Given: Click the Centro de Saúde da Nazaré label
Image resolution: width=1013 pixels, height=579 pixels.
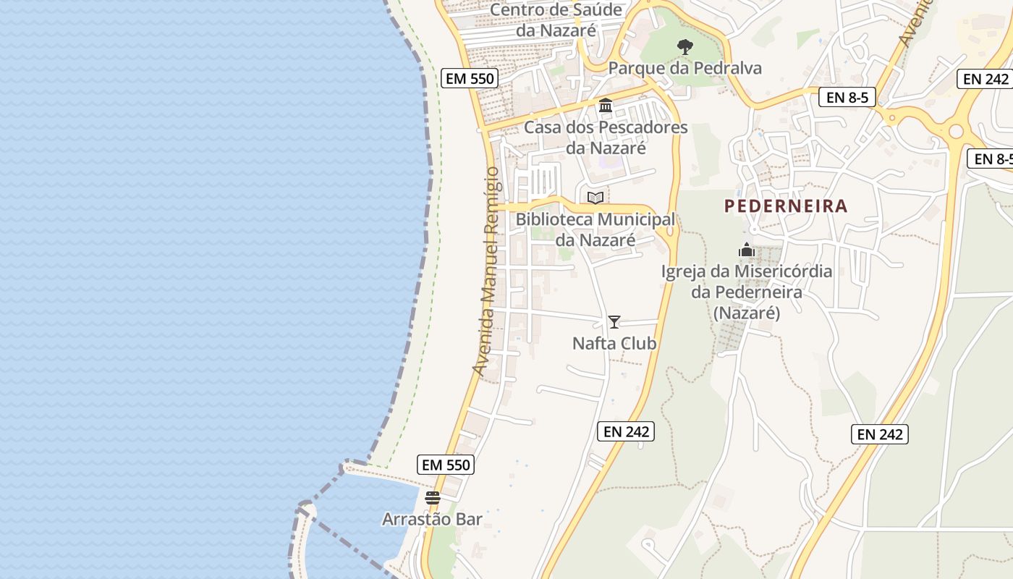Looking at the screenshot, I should click(x=556, y=20).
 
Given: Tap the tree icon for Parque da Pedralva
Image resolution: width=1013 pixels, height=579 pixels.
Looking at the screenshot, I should click(x=684, y=48).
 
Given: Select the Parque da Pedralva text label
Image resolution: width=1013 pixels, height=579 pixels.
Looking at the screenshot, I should click(x=684, y=68).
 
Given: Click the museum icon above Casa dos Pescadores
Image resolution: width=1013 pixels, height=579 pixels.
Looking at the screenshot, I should click(x=606, y=106).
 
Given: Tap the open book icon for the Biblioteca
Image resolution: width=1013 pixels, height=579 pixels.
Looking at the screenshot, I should click(x=595, y=198).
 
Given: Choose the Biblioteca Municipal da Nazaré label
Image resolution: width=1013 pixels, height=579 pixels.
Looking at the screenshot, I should click(x=595, y=229).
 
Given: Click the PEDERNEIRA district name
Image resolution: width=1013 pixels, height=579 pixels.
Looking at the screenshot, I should click(x=786, y=206).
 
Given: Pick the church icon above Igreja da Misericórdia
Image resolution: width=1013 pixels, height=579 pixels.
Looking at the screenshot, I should click(x=746, y=250).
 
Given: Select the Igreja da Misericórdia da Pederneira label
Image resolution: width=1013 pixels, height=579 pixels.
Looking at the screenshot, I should click(x=747, y=292).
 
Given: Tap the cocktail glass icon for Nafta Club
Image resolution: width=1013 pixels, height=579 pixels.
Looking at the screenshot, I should click(x=614, y=322).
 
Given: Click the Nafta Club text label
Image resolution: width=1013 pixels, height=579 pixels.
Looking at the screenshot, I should click(x=614, y=343).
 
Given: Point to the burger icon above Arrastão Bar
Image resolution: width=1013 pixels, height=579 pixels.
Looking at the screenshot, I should click(x=433, y=498).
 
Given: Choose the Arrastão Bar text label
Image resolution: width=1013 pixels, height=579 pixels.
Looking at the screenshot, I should click(x=432, y=519).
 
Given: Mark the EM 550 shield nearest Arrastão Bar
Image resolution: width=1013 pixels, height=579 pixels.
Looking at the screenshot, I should click(x=446, y=465).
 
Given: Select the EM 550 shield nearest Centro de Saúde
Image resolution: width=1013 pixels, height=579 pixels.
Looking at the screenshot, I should click(x=470, y=78).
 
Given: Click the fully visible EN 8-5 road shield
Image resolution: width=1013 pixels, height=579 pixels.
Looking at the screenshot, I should click(x=847, y=97).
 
